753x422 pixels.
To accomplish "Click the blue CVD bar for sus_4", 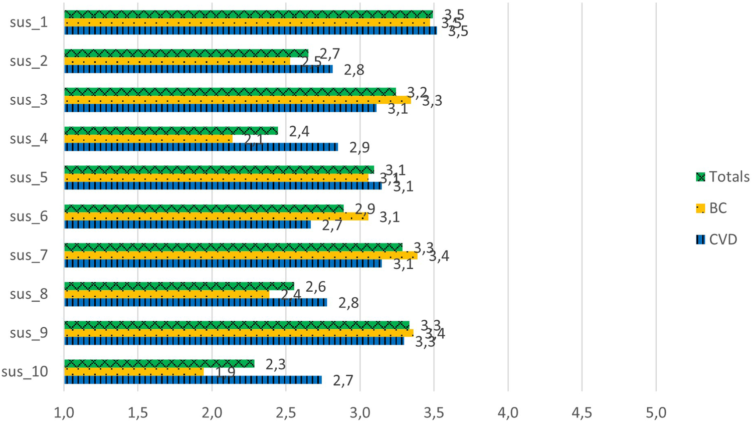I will point(201,147).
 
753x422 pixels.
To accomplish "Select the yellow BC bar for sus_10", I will point(134,372).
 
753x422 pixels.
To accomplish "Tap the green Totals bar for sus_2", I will point(186,53).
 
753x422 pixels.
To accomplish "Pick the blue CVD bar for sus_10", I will point(193,380).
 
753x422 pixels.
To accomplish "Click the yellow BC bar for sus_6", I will point(216,217).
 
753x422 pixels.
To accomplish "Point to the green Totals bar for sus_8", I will point(179,286).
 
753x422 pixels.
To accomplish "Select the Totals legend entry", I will point(722,177).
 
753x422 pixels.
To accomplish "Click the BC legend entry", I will point(711,208).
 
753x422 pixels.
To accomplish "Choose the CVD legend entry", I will point(716,240).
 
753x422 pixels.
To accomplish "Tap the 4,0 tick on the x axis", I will point(508,412).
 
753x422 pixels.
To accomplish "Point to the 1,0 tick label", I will point(64,412).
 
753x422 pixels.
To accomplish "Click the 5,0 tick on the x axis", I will point(656,412).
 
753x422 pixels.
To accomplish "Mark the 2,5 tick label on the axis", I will point(286,412).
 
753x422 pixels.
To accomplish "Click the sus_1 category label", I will point(29,22).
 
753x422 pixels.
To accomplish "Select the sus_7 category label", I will point(29,255).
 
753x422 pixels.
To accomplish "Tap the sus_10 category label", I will point(25,372).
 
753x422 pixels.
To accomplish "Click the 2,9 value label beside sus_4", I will point(359,147).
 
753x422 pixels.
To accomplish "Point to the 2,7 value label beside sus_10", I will point(343,380).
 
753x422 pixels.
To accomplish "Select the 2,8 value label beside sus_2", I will point(354,70).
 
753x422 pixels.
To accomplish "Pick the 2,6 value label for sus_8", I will point(316,287).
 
